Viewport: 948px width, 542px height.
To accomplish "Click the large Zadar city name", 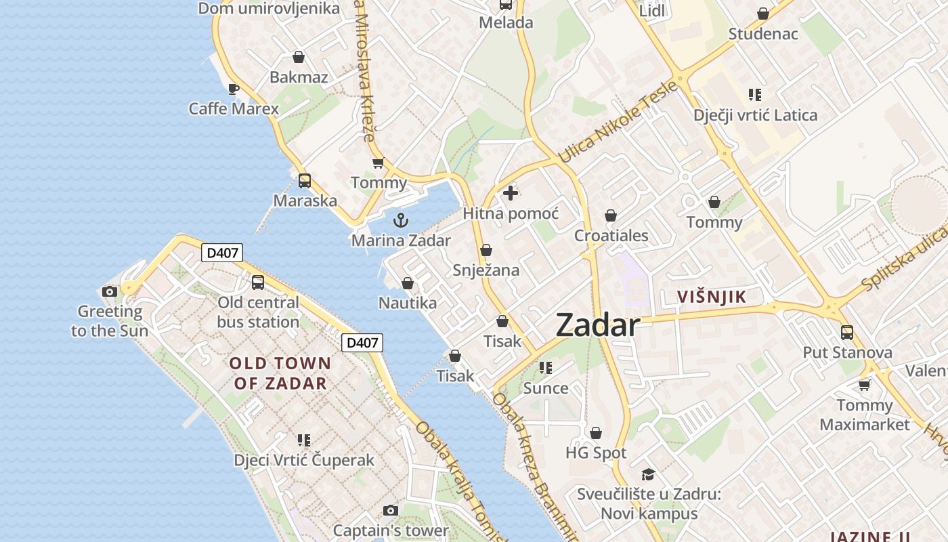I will (597, 326).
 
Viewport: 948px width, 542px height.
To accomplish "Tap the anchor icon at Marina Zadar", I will (401, 220).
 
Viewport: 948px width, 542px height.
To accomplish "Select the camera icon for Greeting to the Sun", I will (109, 292).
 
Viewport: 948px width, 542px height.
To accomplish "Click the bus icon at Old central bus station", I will (257, 283).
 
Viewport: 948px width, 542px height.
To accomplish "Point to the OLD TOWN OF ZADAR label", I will (280, 373).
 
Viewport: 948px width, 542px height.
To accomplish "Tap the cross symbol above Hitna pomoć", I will (511, 193).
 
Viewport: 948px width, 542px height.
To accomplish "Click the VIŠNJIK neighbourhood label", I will (712, 297).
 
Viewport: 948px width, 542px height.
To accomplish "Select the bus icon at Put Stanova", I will (847, 333).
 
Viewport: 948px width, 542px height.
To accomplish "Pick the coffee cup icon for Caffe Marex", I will (234, 89).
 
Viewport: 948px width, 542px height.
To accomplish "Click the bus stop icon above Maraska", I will (305, 181).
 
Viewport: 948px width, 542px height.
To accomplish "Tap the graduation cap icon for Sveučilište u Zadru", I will (649, 474).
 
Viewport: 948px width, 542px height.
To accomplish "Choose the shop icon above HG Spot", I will (596, 433).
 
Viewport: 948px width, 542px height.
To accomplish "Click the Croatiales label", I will (611, 236).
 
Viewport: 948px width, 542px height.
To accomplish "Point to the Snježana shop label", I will (486, 270).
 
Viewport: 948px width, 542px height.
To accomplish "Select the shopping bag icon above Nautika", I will (408, 283).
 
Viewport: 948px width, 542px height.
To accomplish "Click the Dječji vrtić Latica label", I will (755, 115).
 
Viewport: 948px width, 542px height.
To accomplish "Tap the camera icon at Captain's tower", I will (390, 510).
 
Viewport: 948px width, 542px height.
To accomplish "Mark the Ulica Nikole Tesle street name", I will (617, 123).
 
